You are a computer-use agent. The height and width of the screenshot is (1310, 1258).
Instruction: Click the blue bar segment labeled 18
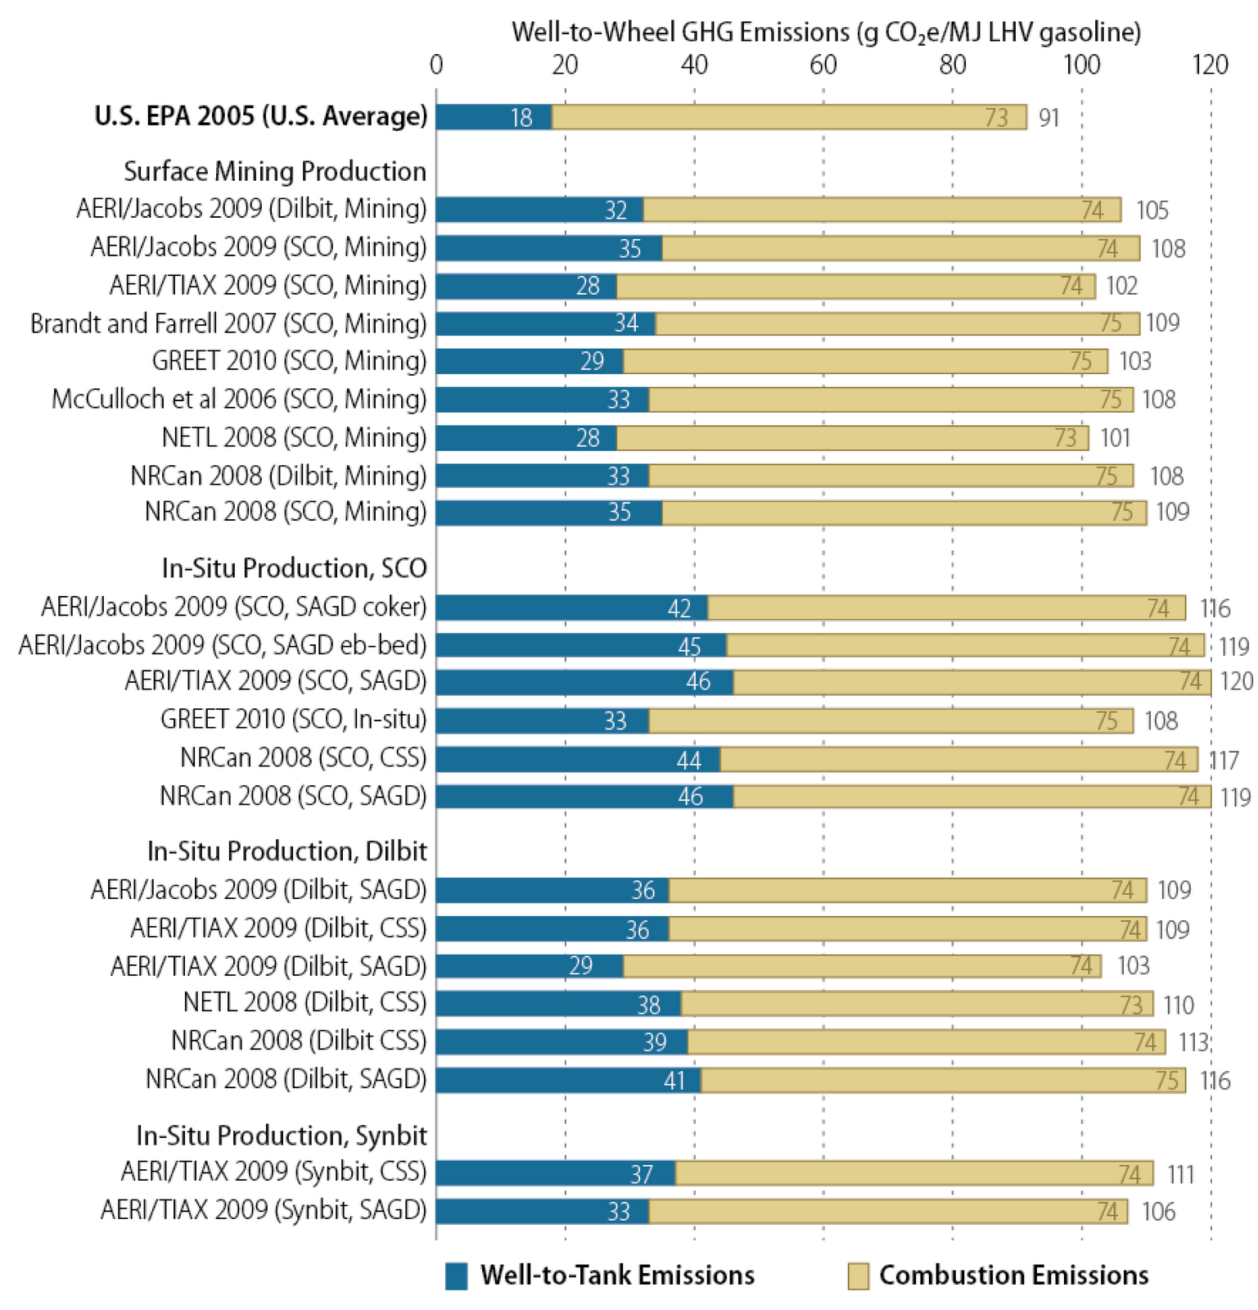click(x=494, y=117)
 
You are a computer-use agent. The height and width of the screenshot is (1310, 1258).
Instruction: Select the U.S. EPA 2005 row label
click(x=260, y=115)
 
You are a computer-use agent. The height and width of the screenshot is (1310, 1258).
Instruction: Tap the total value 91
click(x=1048, y=118)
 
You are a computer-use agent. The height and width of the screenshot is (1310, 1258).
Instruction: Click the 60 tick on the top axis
click(x=823, y=65)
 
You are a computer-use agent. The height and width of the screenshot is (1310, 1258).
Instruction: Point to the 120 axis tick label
click(x=1210, y=65)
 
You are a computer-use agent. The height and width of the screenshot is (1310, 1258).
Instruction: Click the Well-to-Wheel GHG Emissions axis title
click(x=825, y=32)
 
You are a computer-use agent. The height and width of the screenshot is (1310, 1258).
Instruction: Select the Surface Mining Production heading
click(x=275, y=171)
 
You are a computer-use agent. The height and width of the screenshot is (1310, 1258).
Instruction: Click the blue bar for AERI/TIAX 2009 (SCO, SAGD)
click(x=584, y=682)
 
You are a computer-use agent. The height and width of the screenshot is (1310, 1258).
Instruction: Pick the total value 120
click(x=1235, y=681)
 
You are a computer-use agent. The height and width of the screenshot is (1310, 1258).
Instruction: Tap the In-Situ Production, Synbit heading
click(x=281, y=1136)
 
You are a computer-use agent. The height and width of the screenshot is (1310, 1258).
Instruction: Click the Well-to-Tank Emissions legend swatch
click(x=456, y=1276)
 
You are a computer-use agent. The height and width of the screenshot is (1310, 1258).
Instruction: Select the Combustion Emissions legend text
click(x=1013, y=1276)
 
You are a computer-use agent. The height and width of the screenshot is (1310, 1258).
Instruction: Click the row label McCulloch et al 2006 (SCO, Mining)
click(x=239, y=399)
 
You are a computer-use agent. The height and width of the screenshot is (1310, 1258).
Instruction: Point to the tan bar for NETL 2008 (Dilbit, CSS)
click(x=917, y=1004)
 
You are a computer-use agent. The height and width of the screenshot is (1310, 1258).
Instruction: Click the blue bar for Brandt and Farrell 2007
click(x=545, y=323)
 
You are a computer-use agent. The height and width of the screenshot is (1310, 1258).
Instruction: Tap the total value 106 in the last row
click(x=1158, y=1212)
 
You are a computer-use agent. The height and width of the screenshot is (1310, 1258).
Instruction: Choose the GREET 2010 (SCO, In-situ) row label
click(x=293, y=720)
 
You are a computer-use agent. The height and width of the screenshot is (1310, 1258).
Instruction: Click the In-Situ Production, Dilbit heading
click(x=286, y=851)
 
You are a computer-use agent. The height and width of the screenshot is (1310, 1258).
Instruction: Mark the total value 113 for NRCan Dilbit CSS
click(x=1193, y=1042)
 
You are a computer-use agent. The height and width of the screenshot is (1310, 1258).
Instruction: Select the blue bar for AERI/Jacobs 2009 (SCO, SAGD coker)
click(x=571, y=608)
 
